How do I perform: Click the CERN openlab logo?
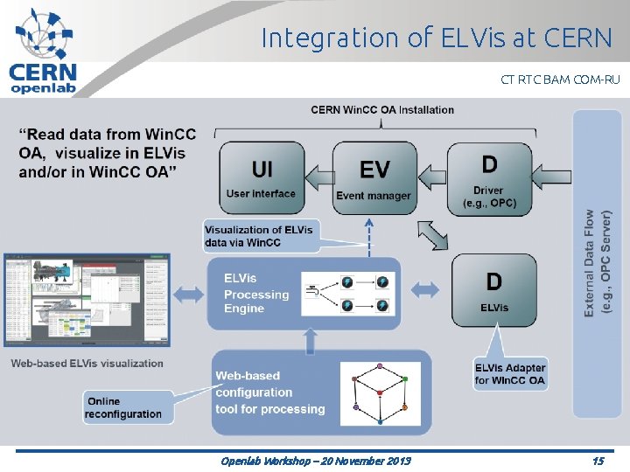click(44, 50)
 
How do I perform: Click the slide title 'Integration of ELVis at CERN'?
click(437, 38)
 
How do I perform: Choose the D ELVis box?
click(493, 289)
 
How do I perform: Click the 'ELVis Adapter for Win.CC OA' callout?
click(510, 373)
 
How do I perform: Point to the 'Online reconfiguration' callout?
click(123, 407)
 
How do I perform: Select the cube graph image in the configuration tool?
click(380, 392)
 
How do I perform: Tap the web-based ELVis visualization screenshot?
click(87, 300)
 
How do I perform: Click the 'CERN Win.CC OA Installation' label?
click(382, 109)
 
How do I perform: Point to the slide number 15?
click(598, 461)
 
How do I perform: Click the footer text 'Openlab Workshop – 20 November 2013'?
click(316, 461)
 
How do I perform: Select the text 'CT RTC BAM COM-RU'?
click(560, 80)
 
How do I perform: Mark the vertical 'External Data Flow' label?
click(598, 262)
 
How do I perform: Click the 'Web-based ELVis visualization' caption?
click(87, 364)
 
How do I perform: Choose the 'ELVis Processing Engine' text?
click(255, 294)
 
